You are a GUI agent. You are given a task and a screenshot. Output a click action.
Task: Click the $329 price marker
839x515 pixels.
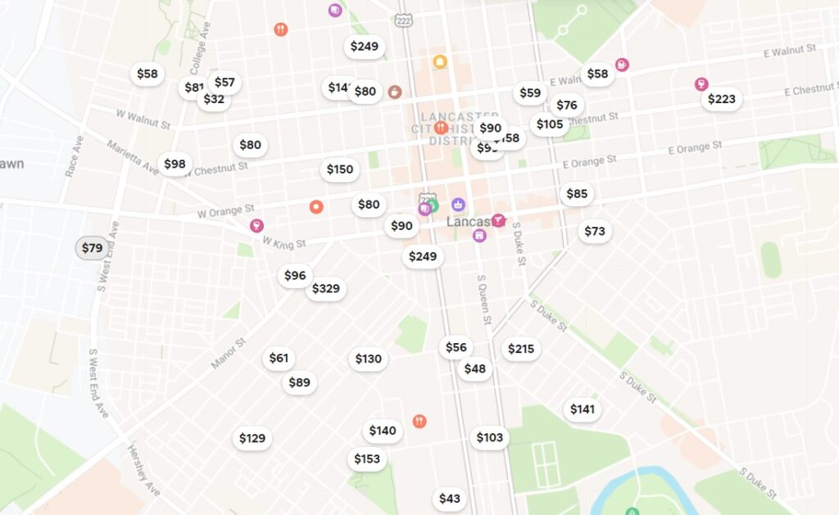[x=325, y=289]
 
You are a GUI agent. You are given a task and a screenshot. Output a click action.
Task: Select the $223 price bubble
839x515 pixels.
[x=721, y=99]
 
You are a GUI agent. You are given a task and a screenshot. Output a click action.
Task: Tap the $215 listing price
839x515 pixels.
[x=520, y=350]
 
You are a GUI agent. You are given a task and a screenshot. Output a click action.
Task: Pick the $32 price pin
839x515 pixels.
[x=213, y=100]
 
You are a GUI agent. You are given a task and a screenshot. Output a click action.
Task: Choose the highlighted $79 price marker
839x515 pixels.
[x=92, y=248]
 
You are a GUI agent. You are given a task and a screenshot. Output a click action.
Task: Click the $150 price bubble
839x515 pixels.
[x=339, y=169]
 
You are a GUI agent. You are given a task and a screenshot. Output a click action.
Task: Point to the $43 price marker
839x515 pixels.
[x=449, y=499]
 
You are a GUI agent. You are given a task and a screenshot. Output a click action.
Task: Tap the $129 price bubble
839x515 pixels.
[x=252, y=439]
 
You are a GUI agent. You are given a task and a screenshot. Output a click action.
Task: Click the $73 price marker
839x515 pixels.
[x=594, y=232]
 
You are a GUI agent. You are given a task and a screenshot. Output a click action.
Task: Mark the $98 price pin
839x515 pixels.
[x=175, y=165]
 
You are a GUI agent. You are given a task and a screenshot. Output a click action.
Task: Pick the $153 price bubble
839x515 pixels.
[x=366, y=459]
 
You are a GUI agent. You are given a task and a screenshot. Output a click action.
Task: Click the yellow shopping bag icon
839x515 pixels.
[x=440, y=61]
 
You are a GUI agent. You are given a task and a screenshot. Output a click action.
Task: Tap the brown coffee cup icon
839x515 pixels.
[x=395, y=92]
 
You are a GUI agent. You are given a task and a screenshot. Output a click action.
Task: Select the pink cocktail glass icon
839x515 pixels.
[x=497, y=219]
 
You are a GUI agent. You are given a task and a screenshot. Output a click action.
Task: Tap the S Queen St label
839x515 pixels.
[x=483, y=299]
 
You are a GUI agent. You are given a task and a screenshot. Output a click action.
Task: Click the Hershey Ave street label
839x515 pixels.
[x=142, y=471]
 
